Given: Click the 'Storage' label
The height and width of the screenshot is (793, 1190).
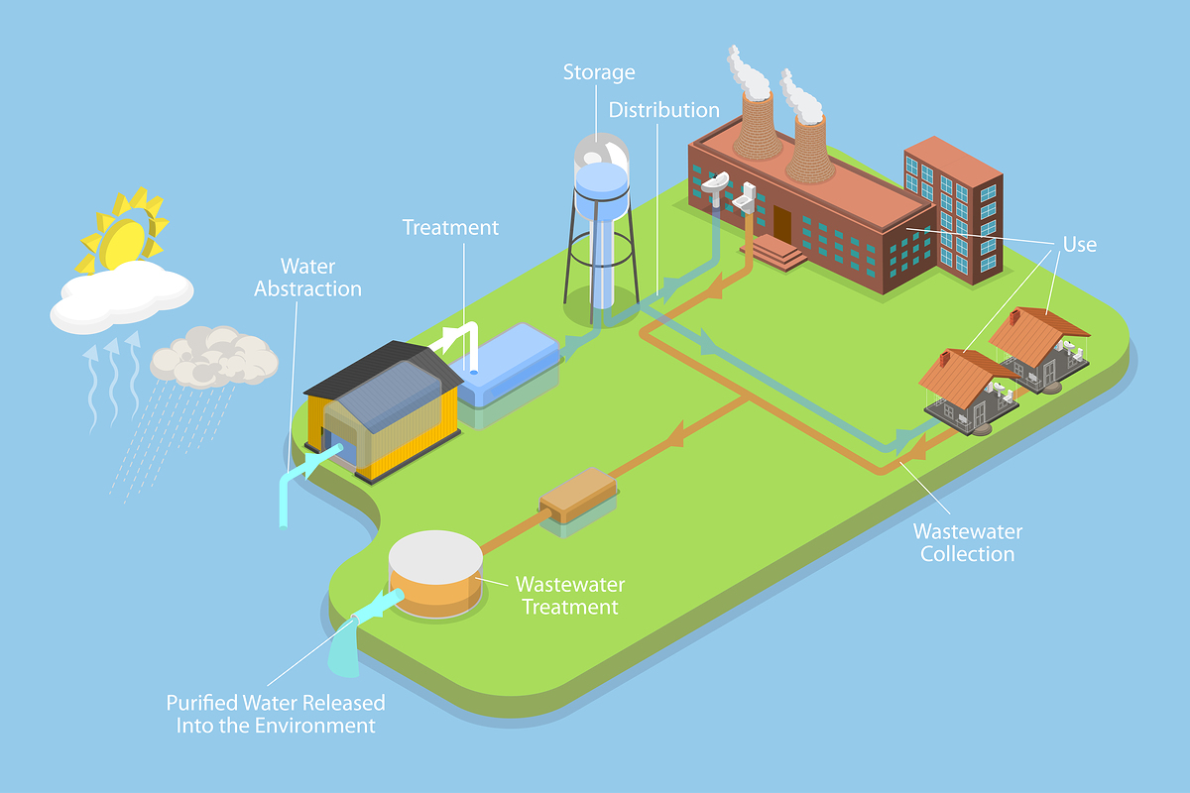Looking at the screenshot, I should pos(599,72).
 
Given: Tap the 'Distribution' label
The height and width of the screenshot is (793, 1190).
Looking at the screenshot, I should pos(663,110).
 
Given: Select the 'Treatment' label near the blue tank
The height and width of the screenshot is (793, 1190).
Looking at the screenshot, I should pos(450,227).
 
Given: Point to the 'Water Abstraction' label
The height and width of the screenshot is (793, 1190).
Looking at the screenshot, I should pos(307,278).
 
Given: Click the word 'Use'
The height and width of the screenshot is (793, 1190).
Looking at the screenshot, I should pos(1079,244).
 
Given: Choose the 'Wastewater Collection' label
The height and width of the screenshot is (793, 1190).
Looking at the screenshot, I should pos(967,542).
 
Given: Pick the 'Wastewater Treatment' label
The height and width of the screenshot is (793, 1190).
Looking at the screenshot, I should pos(569,596).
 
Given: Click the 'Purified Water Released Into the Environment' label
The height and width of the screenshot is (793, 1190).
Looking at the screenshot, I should pos(276,714).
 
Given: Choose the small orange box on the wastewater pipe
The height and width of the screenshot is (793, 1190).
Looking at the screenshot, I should pos(577,494).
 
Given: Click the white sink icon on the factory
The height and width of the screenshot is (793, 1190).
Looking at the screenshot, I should pos(715,186).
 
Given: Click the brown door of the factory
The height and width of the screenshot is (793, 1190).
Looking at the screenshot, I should pos(782,223).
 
